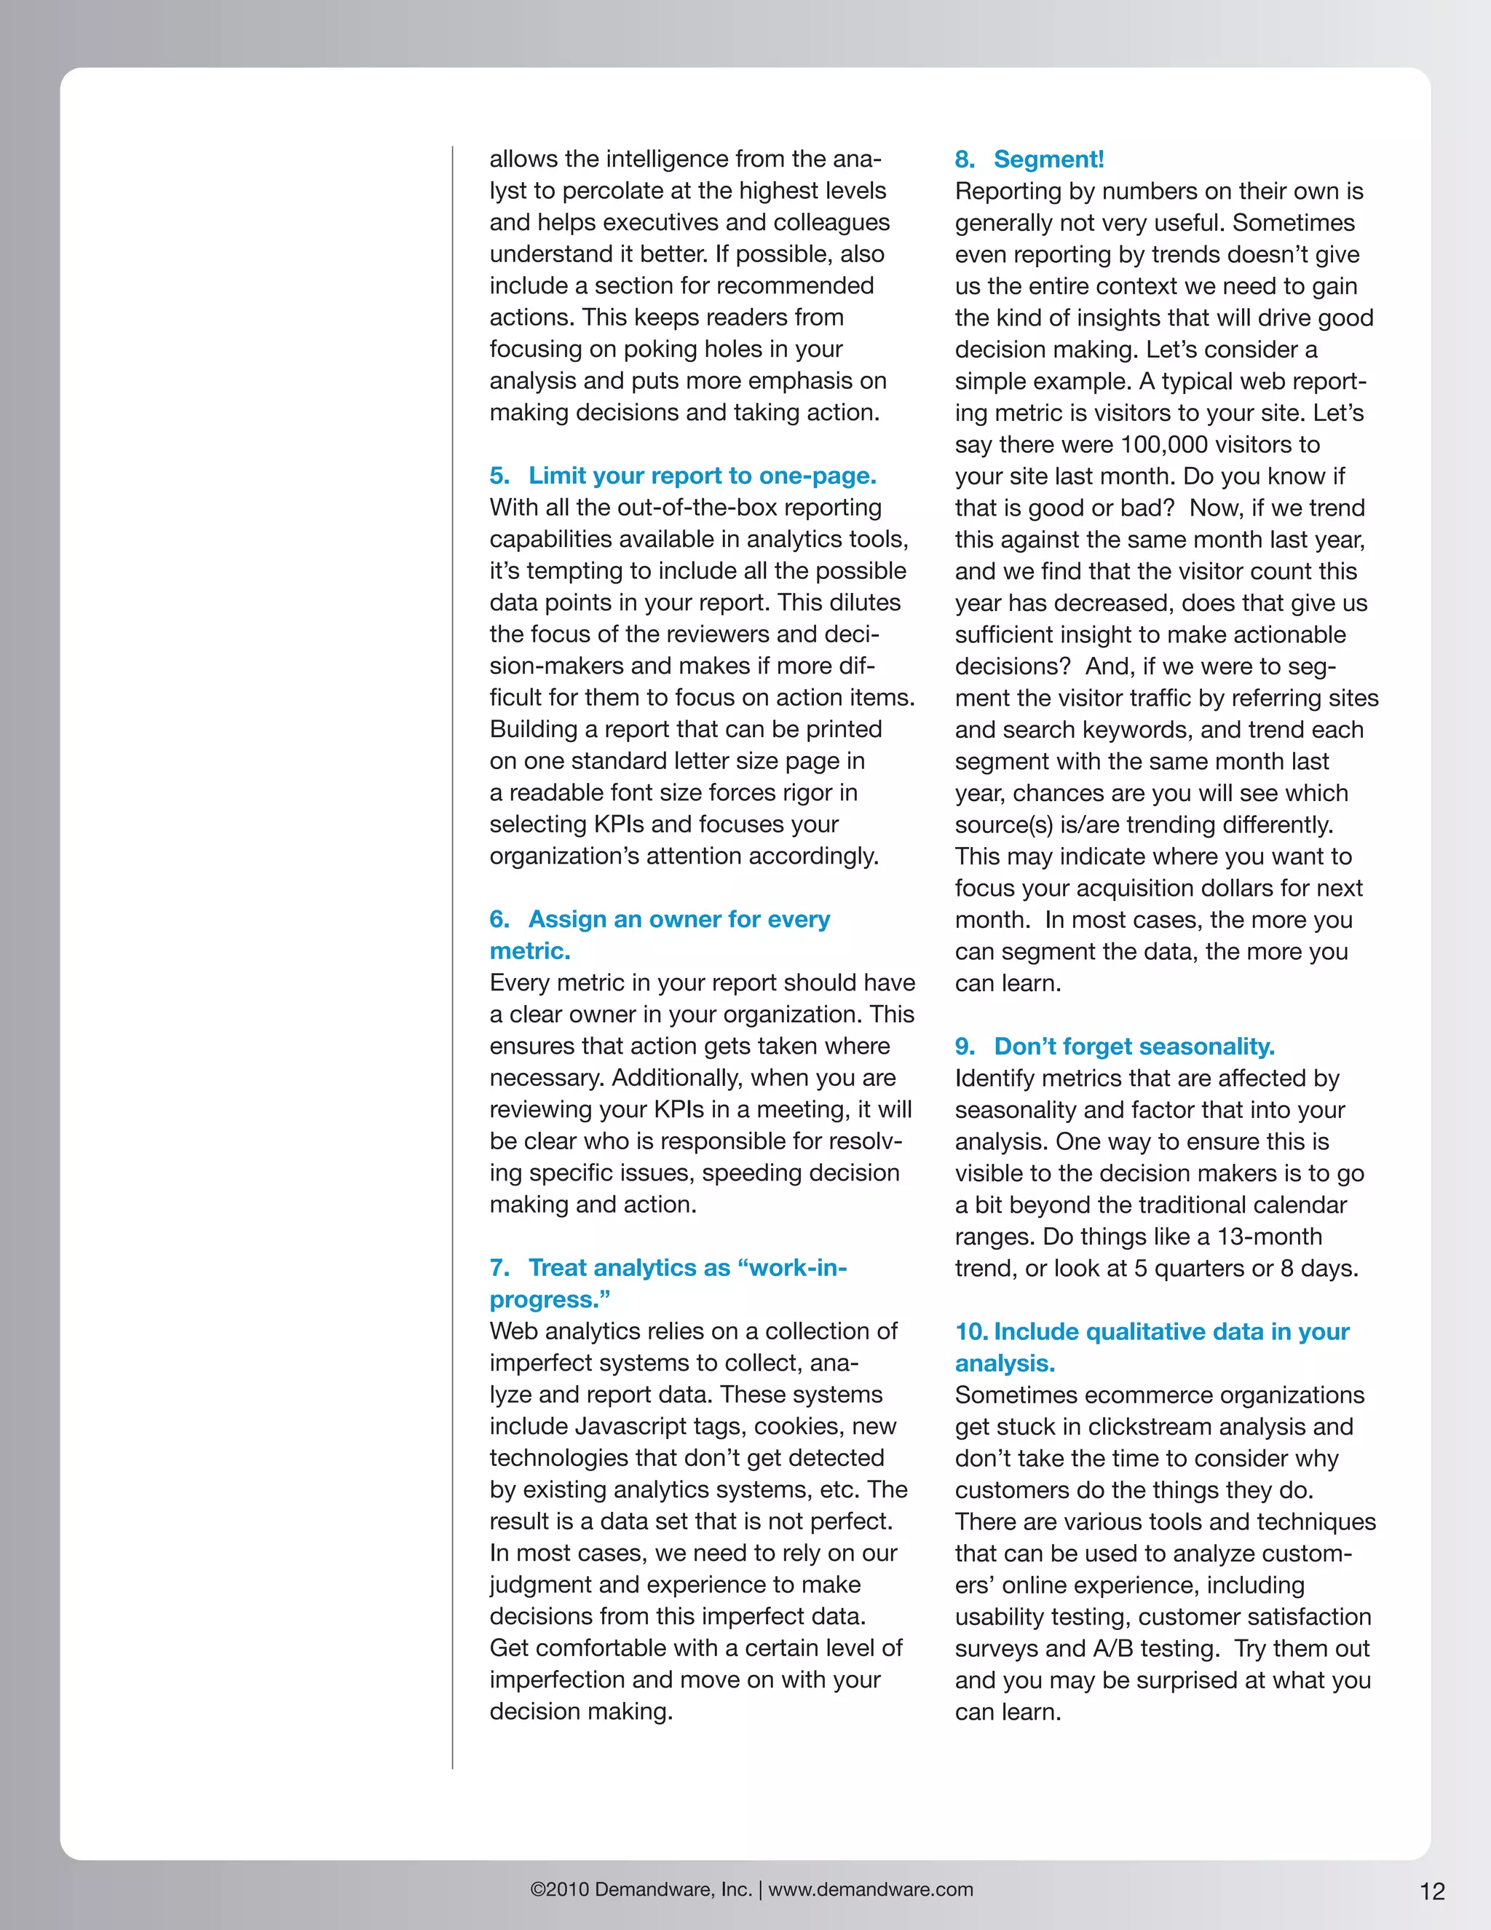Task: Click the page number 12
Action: pos(1432,1891)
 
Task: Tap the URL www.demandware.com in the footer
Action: pos(870,1889)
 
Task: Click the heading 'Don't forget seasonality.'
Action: pos(1134,1047)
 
